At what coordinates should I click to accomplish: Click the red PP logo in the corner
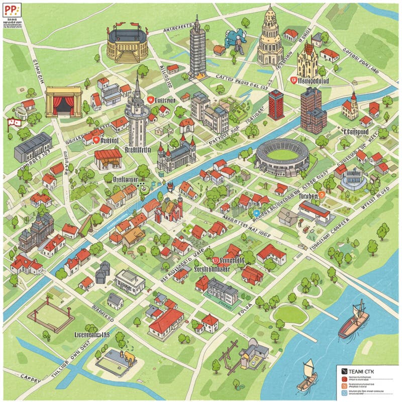click(11, 11)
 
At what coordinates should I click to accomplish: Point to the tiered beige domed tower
click(270, 38)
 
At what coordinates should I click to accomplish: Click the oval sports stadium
click(282, 157)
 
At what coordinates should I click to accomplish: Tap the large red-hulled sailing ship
click(354, 322)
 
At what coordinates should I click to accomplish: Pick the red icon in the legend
click(344, 378)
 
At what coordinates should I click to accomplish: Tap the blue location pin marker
click(257, 213)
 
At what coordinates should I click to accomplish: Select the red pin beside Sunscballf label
click(215, 260)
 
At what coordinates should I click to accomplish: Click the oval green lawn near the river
click(290, 314)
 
